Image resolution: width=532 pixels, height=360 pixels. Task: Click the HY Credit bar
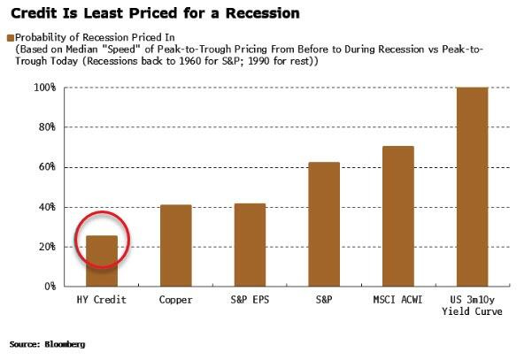point(101,261)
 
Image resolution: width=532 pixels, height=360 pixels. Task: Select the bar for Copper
point(175,245)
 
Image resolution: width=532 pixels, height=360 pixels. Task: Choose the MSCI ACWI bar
point(397,216)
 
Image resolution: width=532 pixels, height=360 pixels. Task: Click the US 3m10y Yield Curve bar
point(471,187)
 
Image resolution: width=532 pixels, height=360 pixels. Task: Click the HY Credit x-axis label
point(101,301)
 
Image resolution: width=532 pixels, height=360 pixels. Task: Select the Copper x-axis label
point(175,301)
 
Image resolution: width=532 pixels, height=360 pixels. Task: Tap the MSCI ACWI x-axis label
point(397,301)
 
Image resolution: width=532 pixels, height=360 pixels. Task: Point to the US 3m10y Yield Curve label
point(471,306)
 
